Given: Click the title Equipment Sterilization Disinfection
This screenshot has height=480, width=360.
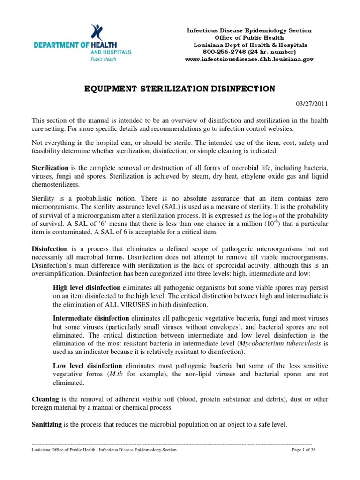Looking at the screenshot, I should point(180,88).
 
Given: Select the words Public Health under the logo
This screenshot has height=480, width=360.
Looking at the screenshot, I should point(104,60).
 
